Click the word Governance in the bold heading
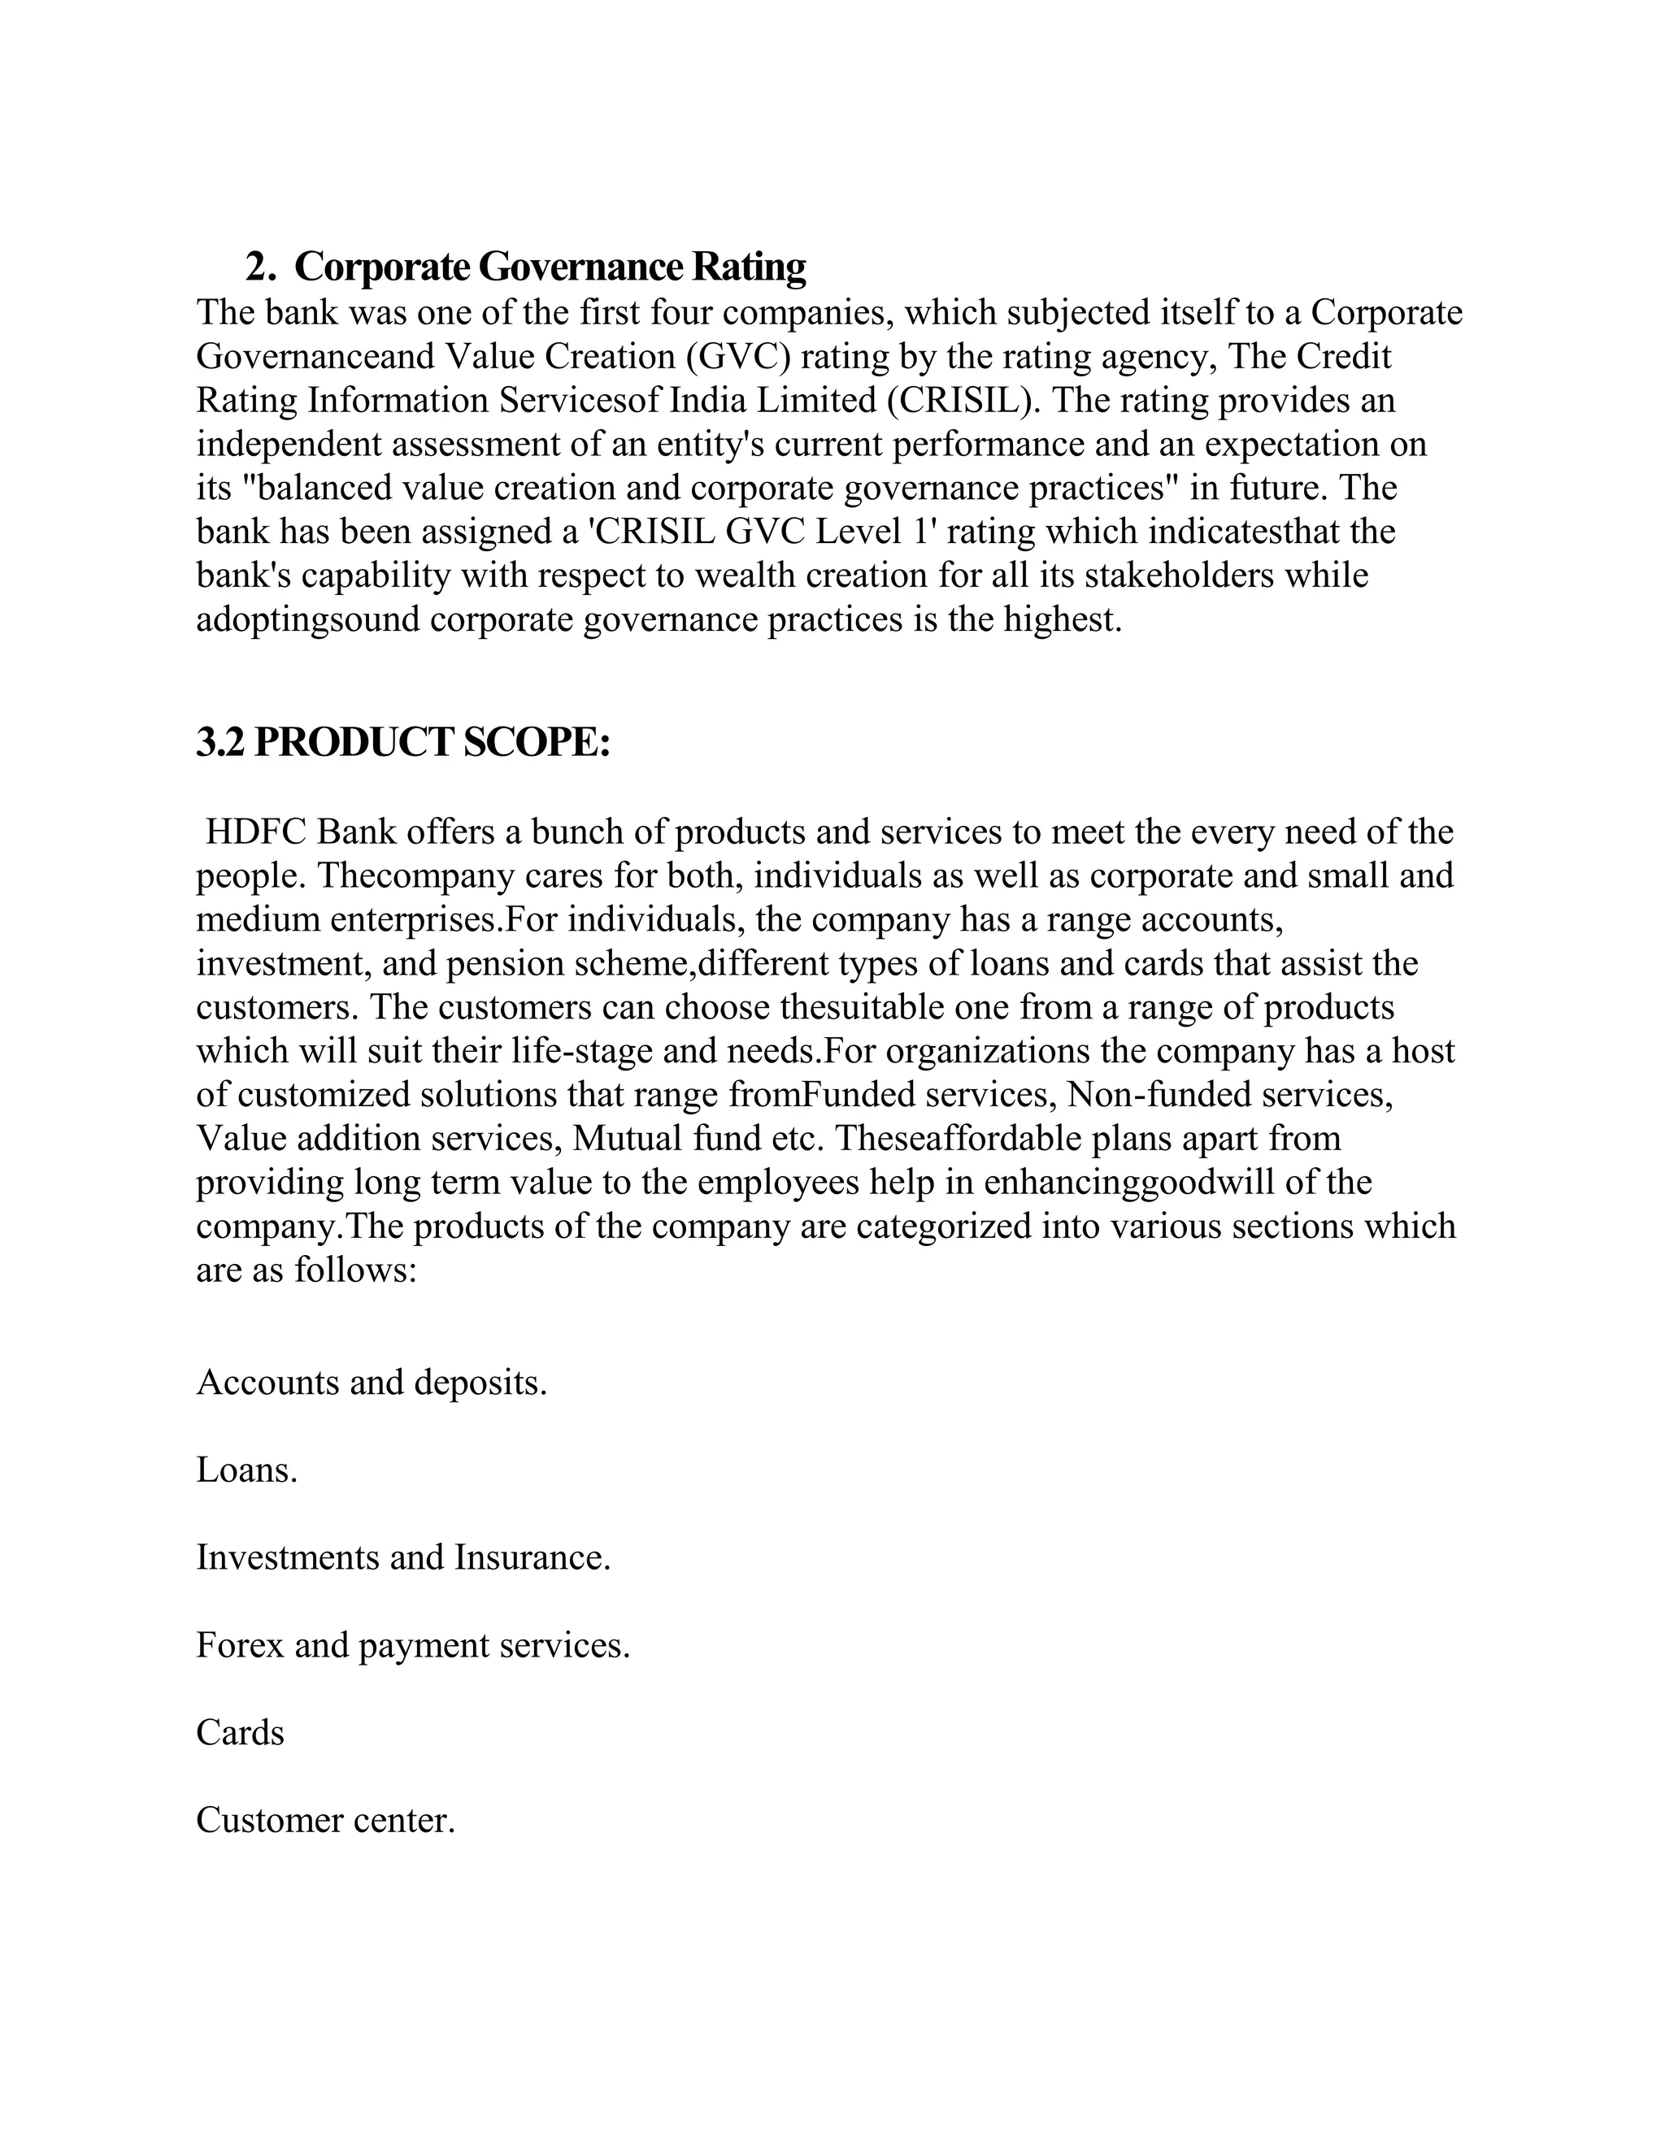[581, 267]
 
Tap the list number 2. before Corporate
[259, 267]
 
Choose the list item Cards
[240, 1732]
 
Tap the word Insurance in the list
[532, 1557]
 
